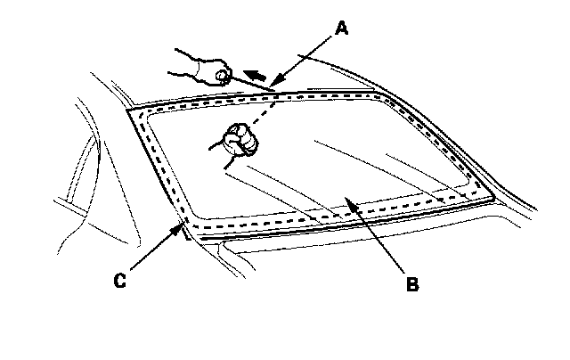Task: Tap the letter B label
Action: (x=411, y=285)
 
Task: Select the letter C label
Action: (x=118, y=282)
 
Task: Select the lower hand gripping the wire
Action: (x=240, y=141)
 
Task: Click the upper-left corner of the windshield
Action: (x=132, y=110)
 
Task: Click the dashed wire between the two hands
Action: (x=255, y=111)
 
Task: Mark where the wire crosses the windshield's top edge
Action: (x=269, y=92)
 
